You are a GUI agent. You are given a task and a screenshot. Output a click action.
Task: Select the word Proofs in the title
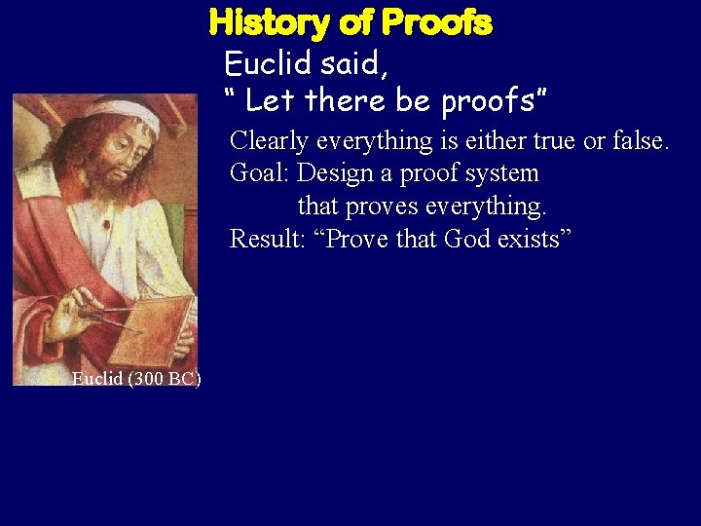click(x=437, y=22)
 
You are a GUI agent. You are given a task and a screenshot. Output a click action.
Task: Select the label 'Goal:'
click(x=259, y=174)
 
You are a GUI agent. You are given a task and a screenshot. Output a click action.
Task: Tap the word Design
click(x=335, y=174)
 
